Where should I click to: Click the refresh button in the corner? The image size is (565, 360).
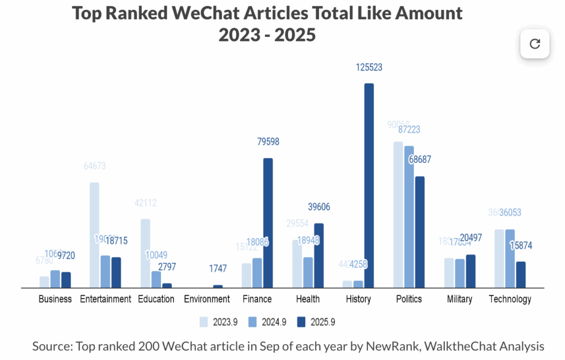tap(535, 44)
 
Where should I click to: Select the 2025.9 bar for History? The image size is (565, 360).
tap(369, 186)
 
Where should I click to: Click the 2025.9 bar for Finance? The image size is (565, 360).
tap(268, 223)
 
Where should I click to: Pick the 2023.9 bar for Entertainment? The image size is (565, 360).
tap(94, 235)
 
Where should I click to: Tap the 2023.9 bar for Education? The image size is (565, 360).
tap(145, 253)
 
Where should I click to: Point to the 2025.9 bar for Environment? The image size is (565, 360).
tap(217, 286)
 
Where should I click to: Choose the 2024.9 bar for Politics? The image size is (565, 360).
tap(409, 217)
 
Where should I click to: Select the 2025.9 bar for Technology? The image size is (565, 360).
tap(521, 274)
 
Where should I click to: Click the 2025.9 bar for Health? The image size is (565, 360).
tap(318, 256)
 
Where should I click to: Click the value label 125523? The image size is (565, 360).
tap(369, 68)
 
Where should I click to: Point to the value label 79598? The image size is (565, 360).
tap(268, 142)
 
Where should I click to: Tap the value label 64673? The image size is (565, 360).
tap(95, 166)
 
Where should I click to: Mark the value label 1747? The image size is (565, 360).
tap(217, 269)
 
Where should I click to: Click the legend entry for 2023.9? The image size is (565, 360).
tap(217, 321)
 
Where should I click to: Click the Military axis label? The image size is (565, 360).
tap(460, 299)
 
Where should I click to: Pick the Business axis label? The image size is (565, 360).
tap(55, 299)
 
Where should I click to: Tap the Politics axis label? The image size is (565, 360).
tap(409, 299)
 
